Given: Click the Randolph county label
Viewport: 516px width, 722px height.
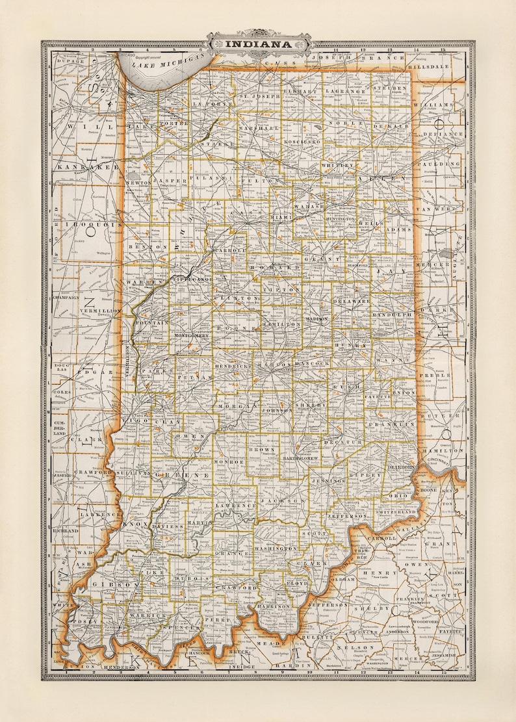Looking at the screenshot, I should tap(393, 315).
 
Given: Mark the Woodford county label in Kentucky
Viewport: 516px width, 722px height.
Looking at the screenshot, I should tap(420, 604).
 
